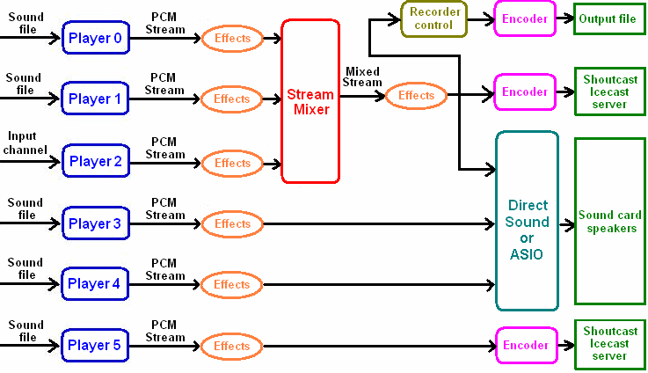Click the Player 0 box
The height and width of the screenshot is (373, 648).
(x=96, y=38)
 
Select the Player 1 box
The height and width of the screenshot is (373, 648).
(x=96, y=99)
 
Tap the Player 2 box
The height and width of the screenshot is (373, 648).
(x=96, y=162)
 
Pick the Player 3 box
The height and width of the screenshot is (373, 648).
(x=96, y=223)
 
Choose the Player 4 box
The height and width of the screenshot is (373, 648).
(x=96, y=284)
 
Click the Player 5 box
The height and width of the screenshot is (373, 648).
(x=96, y=345)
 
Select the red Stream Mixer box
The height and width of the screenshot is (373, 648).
(x=309, y=101)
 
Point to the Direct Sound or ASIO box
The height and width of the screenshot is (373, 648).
(x=527, y=221)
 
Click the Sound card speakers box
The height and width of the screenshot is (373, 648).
(x=608, y=222)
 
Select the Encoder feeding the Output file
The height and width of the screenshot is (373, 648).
(x=525, y=18)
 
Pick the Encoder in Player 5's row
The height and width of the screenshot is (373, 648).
(x=525, y=345)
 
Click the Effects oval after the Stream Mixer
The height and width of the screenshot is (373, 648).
(x=416, y=95)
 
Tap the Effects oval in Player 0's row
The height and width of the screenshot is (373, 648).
(x=232, y=38)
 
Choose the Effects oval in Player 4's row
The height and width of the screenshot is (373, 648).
(x=232, y=284)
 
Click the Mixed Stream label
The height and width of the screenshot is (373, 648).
(x=363, y=77)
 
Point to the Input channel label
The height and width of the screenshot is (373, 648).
(x=23, y=143)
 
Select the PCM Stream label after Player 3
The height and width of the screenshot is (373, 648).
(x=165, y=208)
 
